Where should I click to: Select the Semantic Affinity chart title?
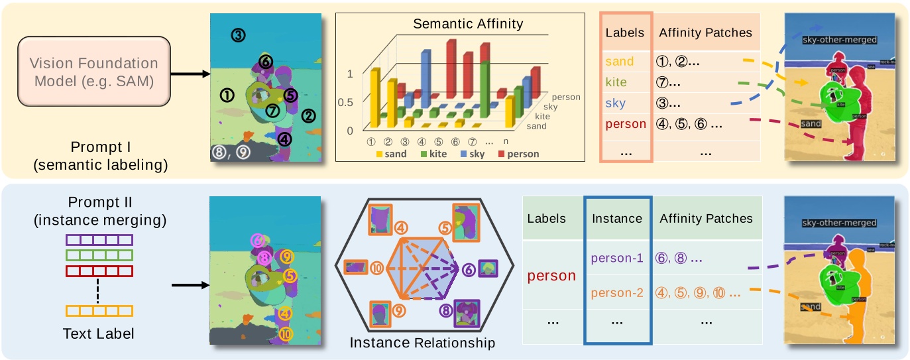click(468, 24)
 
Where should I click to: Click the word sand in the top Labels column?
click(620, 62)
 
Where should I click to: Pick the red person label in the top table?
click(626, 124)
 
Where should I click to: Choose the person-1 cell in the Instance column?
click(616, 259)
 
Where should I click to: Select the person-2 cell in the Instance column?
click(616, 292)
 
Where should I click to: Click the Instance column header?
click(616, 218)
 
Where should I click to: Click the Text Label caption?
click(99, 333)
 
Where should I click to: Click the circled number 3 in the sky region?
click(239, 35)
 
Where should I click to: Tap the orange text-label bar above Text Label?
click(99, 310)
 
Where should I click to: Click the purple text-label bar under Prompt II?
click(99, 239)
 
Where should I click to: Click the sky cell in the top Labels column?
click(616, 103)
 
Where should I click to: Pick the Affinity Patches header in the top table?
click(705, 32)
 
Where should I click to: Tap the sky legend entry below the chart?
click(471, 154)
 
